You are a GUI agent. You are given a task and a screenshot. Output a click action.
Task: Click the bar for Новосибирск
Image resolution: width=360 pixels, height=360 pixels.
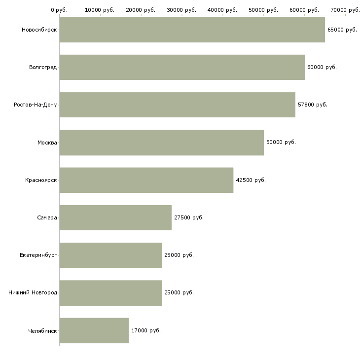(x=192, y=30)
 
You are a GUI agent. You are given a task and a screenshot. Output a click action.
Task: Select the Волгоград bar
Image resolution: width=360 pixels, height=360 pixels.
(x=182, y=67)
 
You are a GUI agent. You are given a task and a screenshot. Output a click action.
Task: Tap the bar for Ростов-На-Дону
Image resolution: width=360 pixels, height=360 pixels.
(x=177, y=105)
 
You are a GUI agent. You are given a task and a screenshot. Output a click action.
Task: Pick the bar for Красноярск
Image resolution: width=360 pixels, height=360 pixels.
(x=146, y=180)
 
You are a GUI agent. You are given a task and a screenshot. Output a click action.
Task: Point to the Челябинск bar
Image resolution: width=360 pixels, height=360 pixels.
(x=94, y=330)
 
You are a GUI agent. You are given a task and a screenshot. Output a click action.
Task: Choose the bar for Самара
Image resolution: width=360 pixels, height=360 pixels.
(x=115, y=217)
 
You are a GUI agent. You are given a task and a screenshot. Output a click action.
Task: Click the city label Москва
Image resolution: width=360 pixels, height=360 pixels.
(x=47, y=143)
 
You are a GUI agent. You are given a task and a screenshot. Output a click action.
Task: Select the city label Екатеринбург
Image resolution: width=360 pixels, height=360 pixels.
(x=38, y=255)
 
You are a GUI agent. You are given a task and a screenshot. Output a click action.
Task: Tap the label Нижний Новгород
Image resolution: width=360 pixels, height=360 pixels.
(x=33, y=292)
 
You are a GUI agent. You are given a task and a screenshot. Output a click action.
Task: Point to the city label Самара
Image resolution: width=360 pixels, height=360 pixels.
(x=47, y=217)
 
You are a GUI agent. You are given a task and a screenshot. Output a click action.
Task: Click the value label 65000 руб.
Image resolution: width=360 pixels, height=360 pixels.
(x=342, y=30)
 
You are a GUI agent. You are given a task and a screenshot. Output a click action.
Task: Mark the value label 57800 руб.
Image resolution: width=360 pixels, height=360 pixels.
(x=312, y=105)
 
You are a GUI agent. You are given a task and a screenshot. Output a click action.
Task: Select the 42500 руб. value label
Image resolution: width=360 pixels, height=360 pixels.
(x=251, y=180)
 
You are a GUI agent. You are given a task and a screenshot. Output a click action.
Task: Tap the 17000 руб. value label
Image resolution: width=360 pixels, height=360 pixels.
(x=145, y=330)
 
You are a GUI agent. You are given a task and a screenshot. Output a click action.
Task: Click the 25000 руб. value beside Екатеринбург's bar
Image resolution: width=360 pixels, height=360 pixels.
(x=179, y=255)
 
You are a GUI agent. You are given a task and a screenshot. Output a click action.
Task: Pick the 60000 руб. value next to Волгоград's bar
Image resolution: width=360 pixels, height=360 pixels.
(x=322, y=67)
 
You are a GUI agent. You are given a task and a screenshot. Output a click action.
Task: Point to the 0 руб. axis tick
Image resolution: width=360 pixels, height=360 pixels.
(x=59, y=9)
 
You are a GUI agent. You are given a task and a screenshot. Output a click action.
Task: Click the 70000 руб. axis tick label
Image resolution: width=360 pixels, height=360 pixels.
(x=345, y=9)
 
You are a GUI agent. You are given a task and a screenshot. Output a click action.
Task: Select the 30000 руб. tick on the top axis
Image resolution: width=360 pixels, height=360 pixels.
(x=182, y=9)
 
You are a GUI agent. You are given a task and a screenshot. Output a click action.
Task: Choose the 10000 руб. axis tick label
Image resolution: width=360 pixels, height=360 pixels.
(x=100, y=9)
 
